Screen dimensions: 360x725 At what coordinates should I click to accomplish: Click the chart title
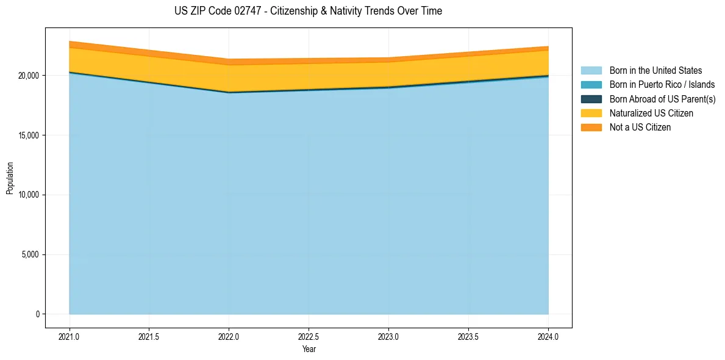(308, 11)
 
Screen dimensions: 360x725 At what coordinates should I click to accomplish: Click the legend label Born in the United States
(655, 71)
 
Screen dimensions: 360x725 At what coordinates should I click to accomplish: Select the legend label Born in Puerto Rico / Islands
(662, 85)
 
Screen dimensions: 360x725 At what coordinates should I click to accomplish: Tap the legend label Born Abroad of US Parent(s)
(662, 99)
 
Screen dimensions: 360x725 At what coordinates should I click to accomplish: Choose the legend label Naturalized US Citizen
(651, 113)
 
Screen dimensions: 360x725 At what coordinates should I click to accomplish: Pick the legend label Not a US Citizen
(640, 128)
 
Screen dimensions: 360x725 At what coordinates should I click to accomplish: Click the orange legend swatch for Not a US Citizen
(591, 128)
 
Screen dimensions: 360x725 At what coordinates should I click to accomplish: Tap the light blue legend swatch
(591, 71)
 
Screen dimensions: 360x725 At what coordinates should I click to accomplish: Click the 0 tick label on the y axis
(37, 314)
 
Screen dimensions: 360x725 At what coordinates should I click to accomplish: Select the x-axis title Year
(309, 349)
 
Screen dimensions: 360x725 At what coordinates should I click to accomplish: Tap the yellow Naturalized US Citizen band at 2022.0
(229, 78)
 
